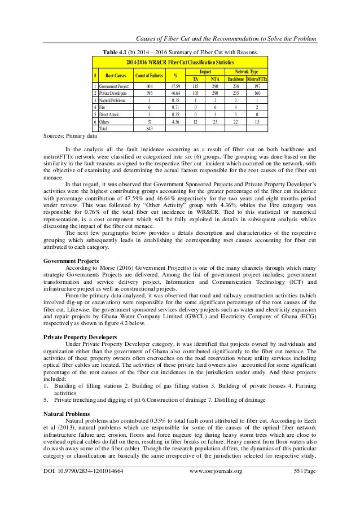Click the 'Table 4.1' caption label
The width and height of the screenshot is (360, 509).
[x=113, y=52]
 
